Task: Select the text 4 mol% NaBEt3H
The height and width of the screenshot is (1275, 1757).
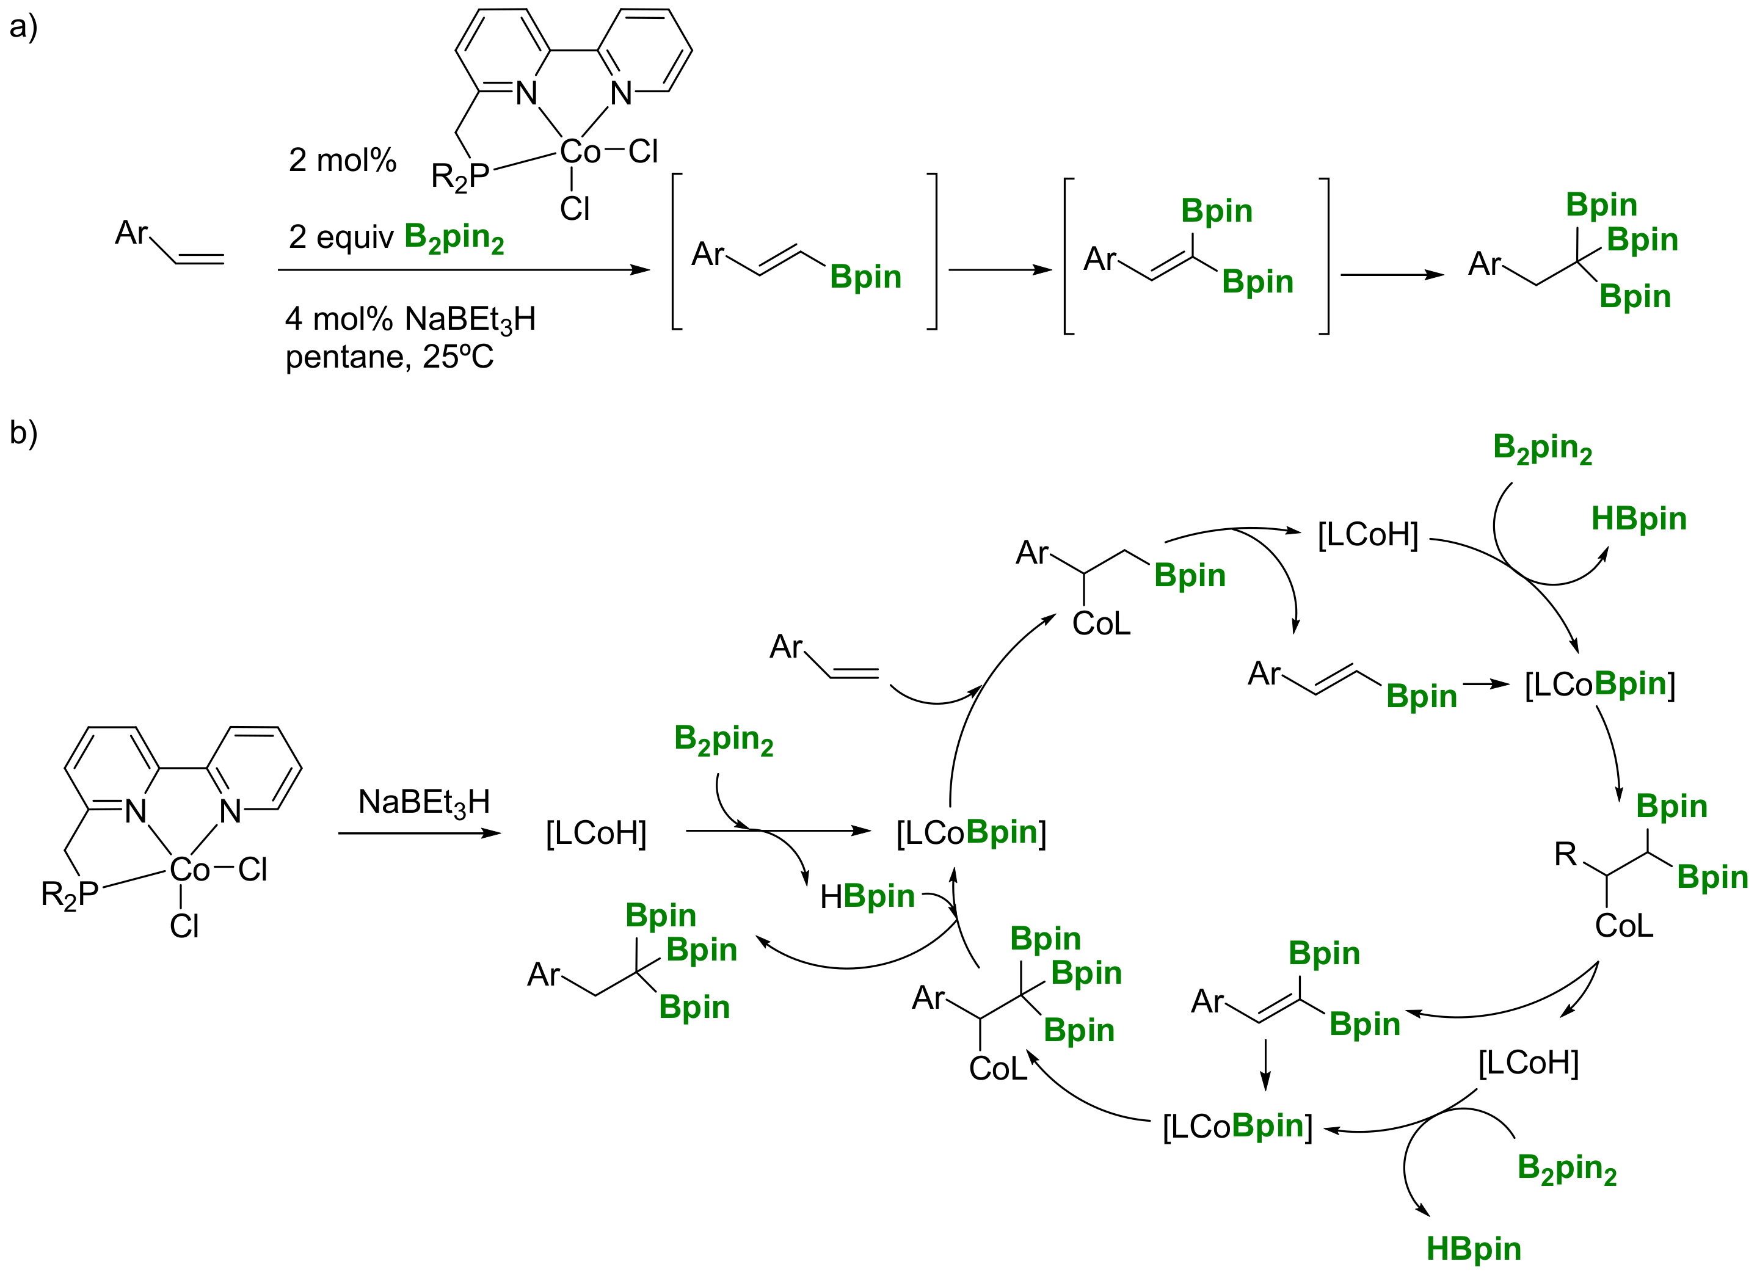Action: click(x=410, y=319)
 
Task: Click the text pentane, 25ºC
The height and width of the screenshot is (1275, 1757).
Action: click(x=389, y=357)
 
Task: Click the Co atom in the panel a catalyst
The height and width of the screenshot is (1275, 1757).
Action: click(x=580, y=152)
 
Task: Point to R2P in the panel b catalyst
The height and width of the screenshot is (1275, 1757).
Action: click(x=70, y=894)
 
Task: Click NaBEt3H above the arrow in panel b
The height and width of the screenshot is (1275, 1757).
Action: click(x=424, y=802)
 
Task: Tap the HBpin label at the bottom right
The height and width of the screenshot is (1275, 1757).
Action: click(x=1474, y=1248)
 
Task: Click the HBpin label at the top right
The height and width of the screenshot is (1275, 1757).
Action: click(x=1639, y=518)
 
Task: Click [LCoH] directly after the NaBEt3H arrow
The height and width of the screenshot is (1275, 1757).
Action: click(x=595, y=834)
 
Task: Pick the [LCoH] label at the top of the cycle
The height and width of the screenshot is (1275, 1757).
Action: click(x=1367, y=534)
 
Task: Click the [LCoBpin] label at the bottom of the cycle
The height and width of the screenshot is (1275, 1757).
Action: click(x=1237, y=1126)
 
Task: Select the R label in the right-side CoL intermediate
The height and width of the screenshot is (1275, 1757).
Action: click(x=1565, y=854)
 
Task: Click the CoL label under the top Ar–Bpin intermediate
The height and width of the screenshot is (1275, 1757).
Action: click(x=1101, y=623)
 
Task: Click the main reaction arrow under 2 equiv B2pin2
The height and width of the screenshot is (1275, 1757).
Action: click(x=464, y=269)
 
